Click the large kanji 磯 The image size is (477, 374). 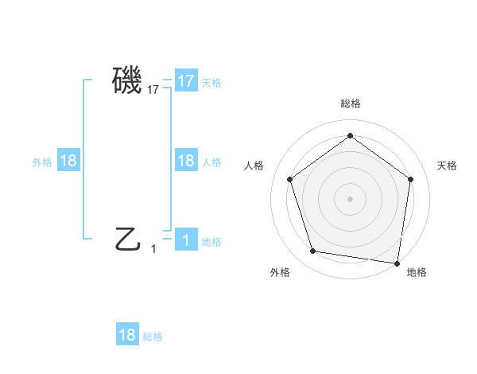click(x=127, y=80)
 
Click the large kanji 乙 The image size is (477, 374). click(x=127, y=238)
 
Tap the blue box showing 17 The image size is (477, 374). click(x=186, y=80)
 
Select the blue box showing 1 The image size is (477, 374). click(x=186, y=241)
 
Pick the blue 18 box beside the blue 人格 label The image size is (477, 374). click(x=186, y=161)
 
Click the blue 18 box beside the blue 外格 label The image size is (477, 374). click(x=68, y=161)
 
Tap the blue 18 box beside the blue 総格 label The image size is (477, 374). click(x=127, y=335)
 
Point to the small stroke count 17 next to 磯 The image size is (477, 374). click(x=153, y=91)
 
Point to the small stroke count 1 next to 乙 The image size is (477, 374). click(x=153, y=249)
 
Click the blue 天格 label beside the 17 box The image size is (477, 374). click(x=211, y=82)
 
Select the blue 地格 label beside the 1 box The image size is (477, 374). click(x=211, y=242)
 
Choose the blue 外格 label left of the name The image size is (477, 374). click(x=42, y=162)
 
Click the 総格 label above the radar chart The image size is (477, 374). click(x=350, y=103)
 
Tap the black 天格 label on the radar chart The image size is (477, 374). click(x=447, y=166)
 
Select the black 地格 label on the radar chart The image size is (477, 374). click(x=417, y=273)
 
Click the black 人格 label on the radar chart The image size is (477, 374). click(x=254, y=166)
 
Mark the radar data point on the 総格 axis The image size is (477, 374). click(x=350, y=135)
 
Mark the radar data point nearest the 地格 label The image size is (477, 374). click(x=397, y=263)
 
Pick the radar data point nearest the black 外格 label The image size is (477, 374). click(x=313, y=251)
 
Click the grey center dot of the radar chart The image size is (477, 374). click(x=350, y=198)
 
